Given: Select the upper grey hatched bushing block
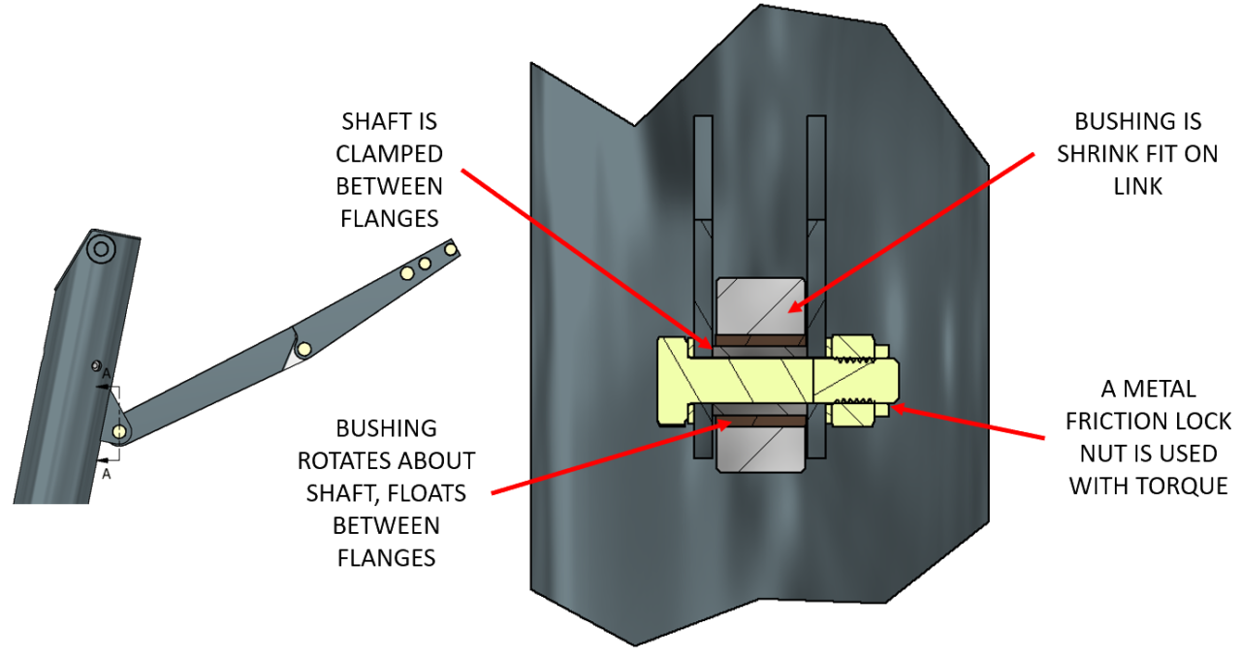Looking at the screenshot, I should (759, 306).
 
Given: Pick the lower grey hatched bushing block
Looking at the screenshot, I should (759, 450).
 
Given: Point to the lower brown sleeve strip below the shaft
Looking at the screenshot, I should (759, 422).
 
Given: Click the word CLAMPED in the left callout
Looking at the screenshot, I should (390, 154).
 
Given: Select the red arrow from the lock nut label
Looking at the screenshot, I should (970, 423).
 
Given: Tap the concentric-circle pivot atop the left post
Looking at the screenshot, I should (100, 250).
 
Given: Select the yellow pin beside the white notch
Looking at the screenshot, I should (304, 348).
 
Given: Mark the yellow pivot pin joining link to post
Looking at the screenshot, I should (118, 429).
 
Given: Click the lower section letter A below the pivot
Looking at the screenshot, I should (107, 475).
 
